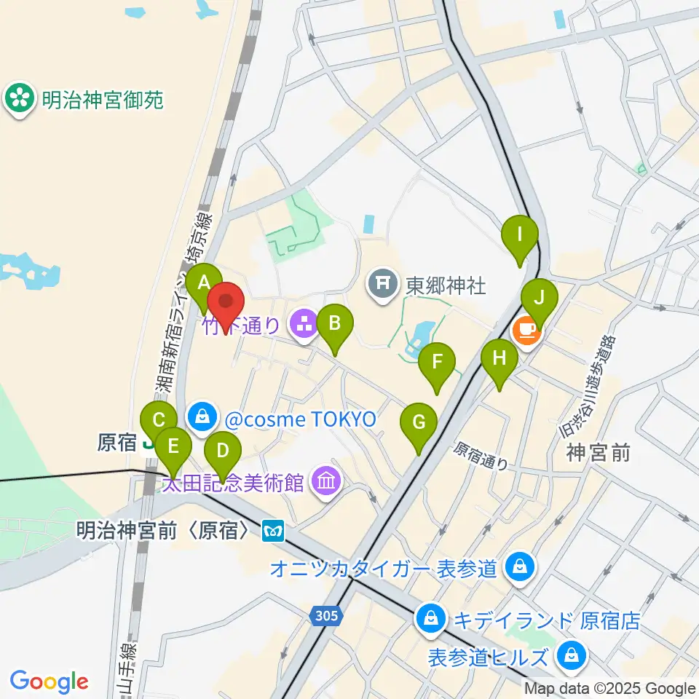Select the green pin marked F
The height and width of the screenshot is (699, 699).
pyautogui.click(x=437, y=362)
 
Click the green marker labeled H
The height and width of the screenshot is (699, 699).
pyautogui.click(x=499, y=358)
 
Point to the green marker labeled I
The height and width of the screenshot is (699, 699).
pyautogui.click(x=520, y=235)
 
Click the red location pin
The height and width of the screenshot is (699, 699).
pyautogui.click(x=226, y=301)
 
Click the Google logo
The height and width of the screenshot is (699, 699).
pyautogui.click(x=49, y=682)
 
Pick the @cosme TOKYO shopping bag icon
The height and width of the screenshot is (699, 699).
pyautogui.click(x=200, y=417)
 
